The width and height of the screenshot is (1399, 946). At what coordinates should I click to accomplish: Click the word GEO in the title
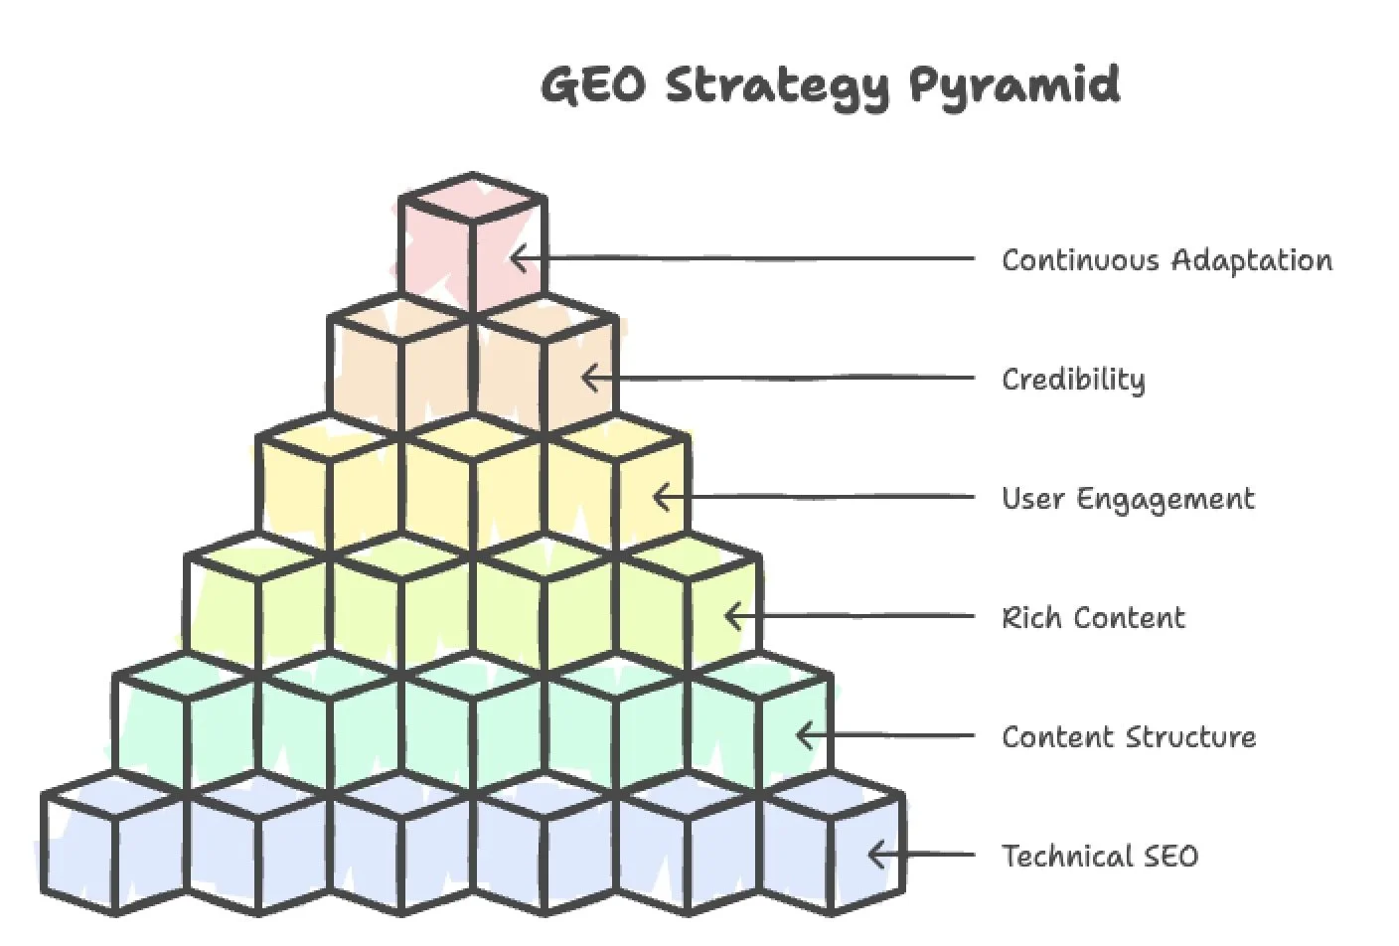593,85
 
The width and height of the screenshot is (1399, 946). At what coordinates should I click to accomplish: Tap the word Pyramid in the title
1013,85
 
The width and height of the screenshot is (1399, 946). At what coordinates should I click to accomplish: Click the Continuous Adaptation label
1166,260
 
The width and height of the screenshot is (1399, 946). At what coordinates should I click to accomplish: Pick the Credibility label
1073,380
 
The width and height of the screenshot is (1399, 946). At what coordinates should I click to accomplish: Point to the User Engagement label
1128,499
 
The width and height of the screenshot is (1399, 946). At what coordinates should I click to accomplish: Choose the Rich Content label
1093,618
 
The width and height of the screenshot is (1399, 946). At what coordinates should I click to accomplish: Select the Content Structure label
1129,737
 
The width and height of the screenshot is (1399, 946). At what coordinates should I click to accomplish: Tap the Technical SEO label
1100,857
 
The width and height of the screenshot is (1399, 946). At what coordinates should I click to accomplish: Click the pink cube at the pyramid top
473,243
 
